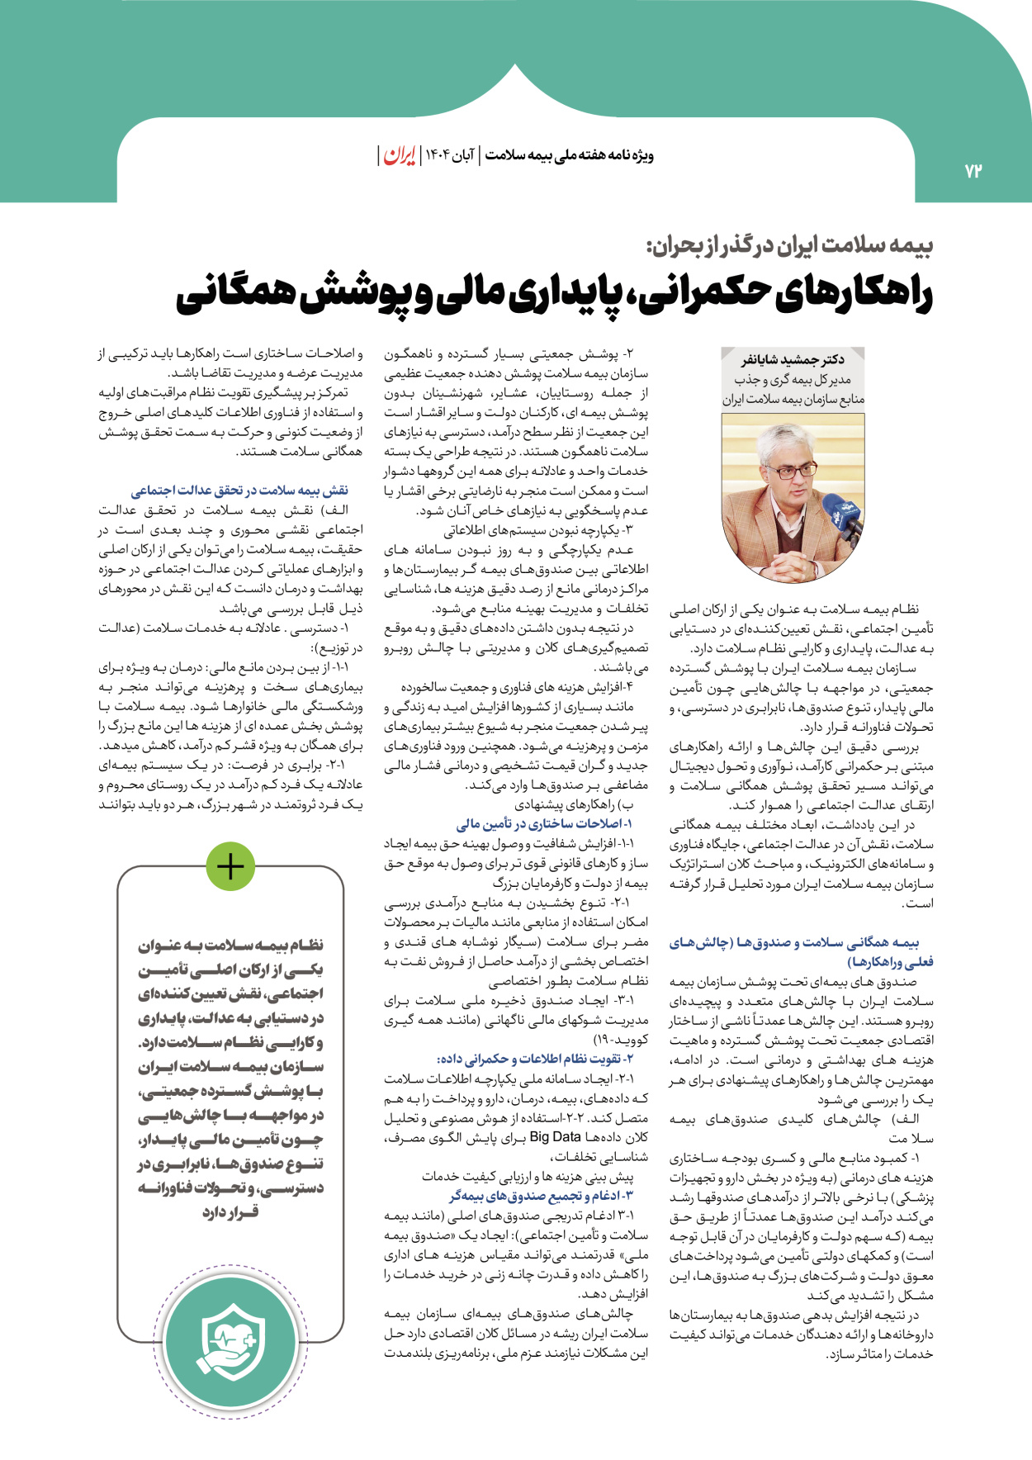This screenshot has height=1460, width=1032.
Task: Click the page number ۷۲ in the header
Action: (973, 171)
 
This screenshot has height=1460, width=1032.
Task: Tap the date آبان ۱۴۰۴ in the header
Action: (451, 155)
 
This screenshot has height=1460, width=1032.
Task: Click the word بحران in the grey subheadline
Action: (679, 245)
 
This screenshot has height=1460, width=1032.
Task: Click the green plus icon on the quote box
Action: (230, 866)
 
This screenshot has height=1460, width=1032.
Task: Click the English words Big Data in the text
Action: (556, 1137)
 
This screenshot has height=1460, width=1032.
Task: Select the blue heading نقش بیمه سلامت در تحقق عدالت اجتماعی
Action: (240, 491)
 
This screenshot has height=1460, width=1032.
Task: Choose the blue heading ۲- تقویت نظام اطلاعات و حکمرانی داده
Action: (535, 1059)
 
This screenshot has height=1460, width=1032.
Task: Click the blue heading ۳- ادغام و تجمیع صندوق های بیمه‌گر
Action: (542, 1196)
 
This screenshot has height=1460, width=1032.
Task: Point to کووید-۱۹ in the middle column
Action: (621, 1039)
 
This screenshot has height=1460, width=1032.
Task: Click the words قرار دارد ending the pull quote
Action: (230, 1212)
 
